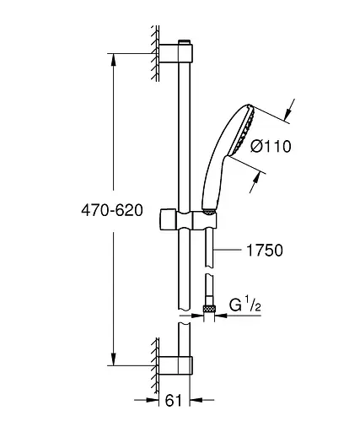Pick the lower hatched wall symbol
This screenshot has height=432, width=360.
[x=155, y=364]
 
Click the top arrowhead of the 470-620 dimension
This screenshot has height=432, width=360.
[x=115, y=60]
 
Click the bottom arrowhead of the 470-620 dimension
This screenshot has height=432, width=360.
[x=115, y=359]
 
